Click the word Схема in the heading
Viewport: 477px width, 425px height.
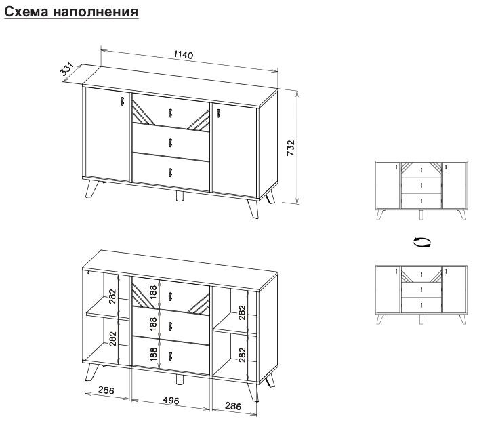point(27,12)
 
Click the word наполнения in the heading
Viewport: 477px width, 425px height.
point(96,12)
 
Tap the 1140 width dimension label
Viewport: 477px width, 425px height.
point(184,55)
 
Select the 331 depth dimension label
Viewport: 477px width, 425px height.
point(67,69)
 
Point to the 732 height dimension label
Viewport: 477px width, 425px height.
point(291,148)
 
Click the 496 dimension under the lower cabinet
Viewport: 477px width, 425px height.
point(171,401)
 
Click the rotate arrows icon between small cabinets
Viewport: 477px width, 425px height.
point(421,243)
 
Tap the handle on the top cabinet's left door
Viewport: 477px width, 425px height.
point(123,102)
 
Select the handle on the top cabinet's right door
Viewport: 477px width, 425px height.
point(218,113)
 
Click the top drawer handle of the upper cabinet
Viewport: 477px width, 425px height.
point(170,113)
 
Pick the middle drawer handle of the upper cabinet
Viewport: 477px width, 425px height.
point(170,142)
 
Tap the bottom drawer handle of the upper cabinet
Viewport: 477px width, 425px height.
point(170,172)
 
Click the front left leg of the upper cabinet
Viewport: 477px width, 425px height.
point(91,189)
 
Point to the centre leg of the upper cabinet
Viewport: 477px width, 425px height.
point(180,196)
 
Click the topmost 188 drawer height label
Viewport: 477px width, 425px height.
point(153,291)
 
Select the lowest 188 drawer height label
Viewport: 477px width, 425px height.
point(153,354)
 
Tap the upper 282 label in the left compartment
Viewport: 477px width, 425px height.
point(112,296)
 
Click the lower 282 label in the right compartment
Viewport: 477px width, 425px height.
point(242,355)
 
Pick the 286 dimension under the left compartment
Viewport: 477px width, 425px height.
point(106,390)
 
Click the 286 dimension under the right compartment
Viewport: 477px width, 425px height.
point(233,406)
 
